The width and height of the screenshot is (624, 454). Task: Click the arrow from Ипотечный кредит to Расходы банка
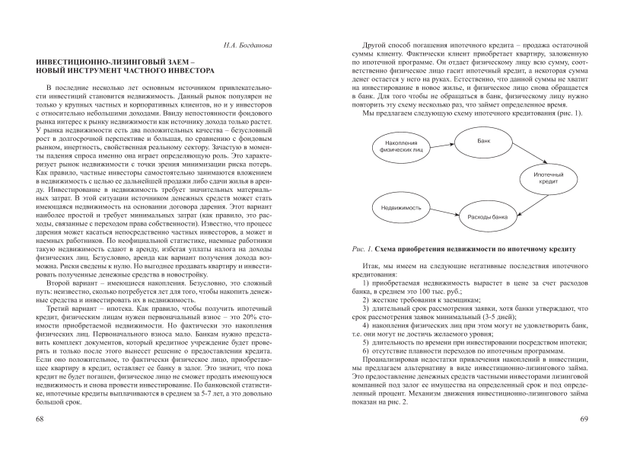(x=524, y=202)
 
